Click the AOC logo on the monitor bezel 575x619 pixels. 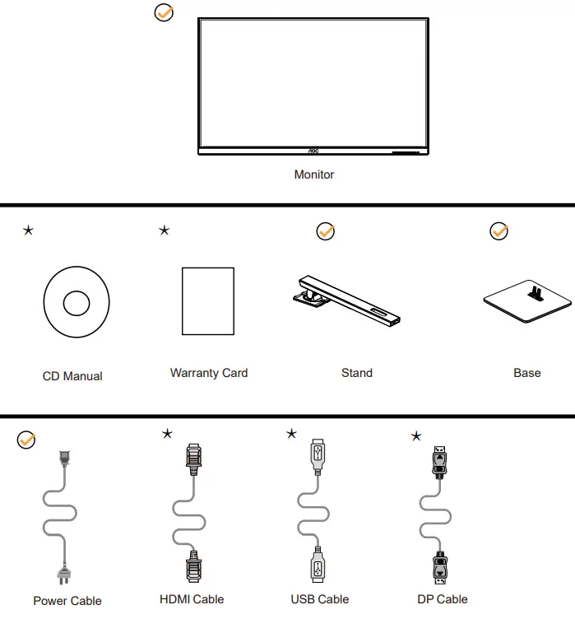point(313,151)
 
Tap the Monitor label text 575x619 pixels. point(314,175)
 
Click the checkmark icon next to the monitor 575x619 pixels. point(165,14)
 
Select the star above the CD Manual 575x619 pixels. point(29,230)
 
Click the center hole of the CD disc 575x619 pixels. point(76,302)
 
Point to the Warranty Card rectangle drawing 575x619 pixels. point(207,300)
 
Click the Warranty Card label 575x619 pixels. point(209,373)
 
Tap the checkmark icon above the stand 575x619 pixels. point(326,232)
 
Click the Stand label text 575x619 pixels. point(357,373)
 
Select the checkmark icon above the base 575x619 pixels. point(498,232)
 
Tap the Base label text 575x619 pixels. point(527,373)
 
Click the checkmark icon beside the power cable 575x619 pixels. point(26,440)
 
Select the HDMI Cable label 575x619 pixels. point(192,599)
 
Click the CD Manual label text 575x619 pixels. point(72,376)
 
